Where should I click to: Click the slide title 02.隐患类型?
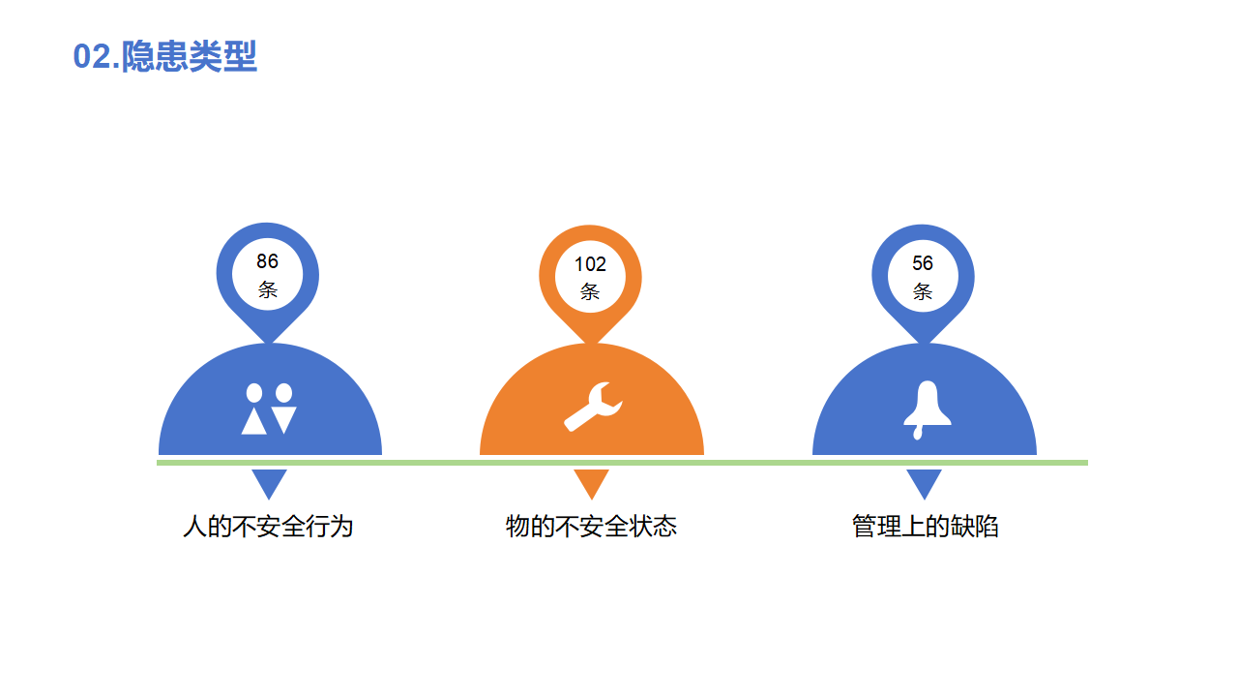(164, 56)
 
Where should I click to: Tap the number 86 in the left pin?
(268, 261)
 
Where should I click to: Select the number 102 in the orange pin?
(590, 264)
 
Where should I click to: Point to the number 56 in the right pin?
(923, 263)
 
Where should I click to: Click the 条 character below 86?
(268, 289)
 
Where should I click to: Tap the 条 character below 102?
(590, 291)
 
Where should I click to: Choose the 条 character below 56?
(923, 291)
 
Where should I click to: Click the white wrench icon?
(593, 407)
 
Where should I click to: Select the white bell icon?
(928, 409)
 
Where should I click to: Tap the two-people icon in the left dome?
(269, 409)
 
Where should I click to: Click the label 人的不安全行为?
(268, 526)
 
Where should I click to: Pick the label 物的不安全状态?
(591, 526)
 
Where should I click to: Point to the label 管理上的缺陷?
(926, 526)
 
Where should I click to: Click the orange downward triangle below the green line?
(591, 481)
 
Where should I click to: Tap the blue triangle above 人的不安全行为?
(269, 481)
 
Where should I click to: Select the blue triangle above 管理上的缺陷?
(924, 481)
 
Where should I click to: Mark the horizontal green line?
(622, 463)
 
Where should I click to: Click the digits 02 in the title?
(92, 57)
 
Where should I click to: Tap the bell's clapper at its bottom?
(918, 433)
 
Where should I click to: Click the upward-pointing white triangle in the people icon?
(254, 421)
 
